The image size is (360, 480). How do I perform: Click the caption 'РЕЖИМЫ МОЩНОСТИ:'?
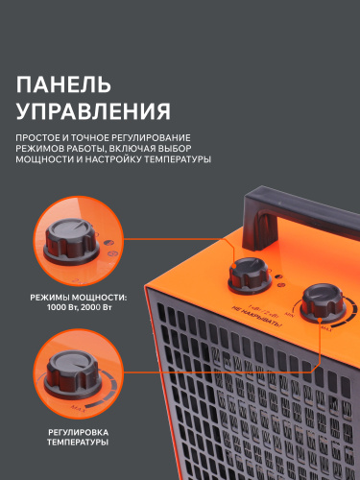(72, 296)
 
